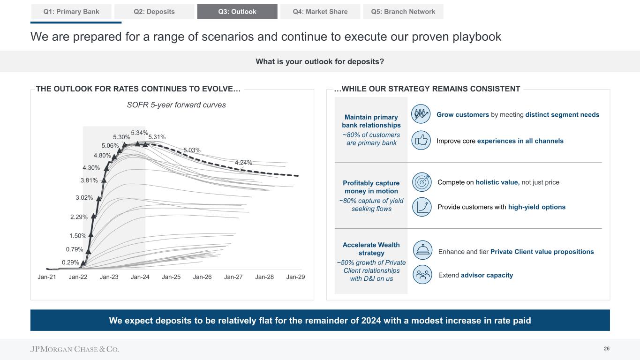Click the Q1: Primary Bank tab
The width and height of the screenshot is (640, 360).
(71, 12)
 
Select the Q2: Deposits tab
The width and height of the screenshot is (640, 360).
(154, 12)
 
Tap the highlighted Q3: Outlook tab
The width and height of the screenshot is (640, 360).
(237, 12)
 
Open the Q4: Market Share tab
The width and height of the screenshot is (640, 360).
(320, 12)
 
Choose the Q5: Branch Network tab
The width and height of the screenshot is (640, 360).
(403, 12)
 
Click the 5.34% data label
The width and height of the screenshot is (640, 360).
(139, 133)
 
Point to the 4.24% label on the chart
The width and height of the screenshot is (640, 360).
(243, 163)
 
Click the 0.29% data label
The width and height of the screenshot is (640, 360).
(70, 262)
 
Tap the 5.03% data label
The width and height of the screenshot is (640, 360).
(192, 150)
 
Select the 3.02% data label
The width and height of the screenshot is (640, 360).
(84, 198)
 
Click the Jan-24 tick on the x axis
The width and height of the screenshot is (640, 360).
(140, 277)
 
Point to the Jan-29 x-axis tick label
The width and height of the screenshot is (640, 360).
(295, 277)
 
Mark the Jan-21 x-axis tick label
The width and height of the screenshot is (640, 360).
(47, 277)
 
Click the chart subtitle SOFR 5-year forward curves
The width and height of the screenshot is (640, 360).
(176, 105)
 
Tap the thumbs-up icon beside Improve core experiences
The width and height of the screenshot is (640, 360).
(421, 141)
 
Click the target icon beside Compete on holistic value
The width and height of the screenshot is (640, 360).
(422, 182)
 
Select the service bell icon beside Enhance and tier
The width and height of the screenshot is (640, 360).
(423, 252)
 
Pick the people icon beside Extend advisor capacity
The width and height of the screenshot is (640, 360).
(423, 275)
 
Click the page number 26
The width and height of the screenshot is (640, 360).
(606, 349)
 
